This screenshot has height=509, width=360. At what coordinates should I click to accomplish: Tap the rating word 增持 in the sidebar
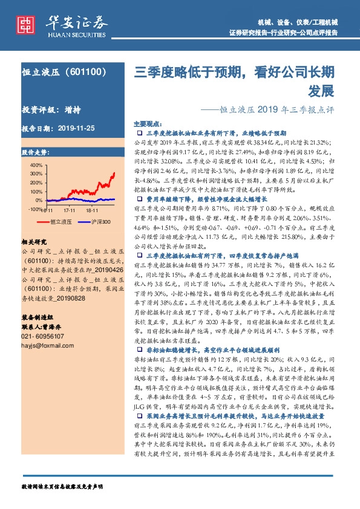tap(71, 111)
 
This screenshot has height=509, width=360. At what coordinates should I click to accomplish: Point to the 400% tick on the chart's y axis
tap(36, 165)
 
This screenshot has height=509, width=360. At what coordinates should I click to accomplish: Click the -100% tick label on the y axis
tap(34, 209)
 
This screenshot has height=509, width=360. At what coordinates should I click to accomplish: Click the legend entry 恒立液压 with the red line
tap(61, 222)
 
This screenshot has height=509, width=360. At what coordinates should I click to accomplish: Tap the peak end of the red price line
tap(114, 172)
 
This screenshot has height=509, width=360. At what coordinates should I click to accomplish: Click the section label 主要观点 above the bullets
tap(148, 123)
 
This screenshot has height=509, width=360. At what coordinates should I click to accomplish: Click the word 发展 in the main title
tap(320, 91)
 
